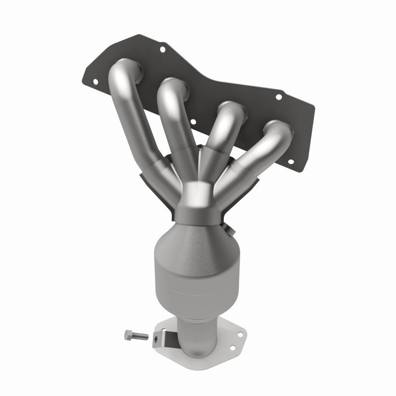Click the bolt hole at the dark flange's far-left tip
pyautogui.click(x=95, y=81)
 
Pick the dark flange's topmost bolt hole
pyautogui.click(x=162, y=50)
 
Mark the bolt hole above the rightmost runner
pyautogui.click(x=278, y=97)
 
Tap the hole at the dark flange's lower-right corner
pyautogui.click(x=290, y=161)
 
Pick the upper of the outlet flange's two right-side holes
pyautogui.click(x=240, y=333)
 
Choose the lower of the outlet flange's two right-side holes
pyautogui.click(x=233, y=348)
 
